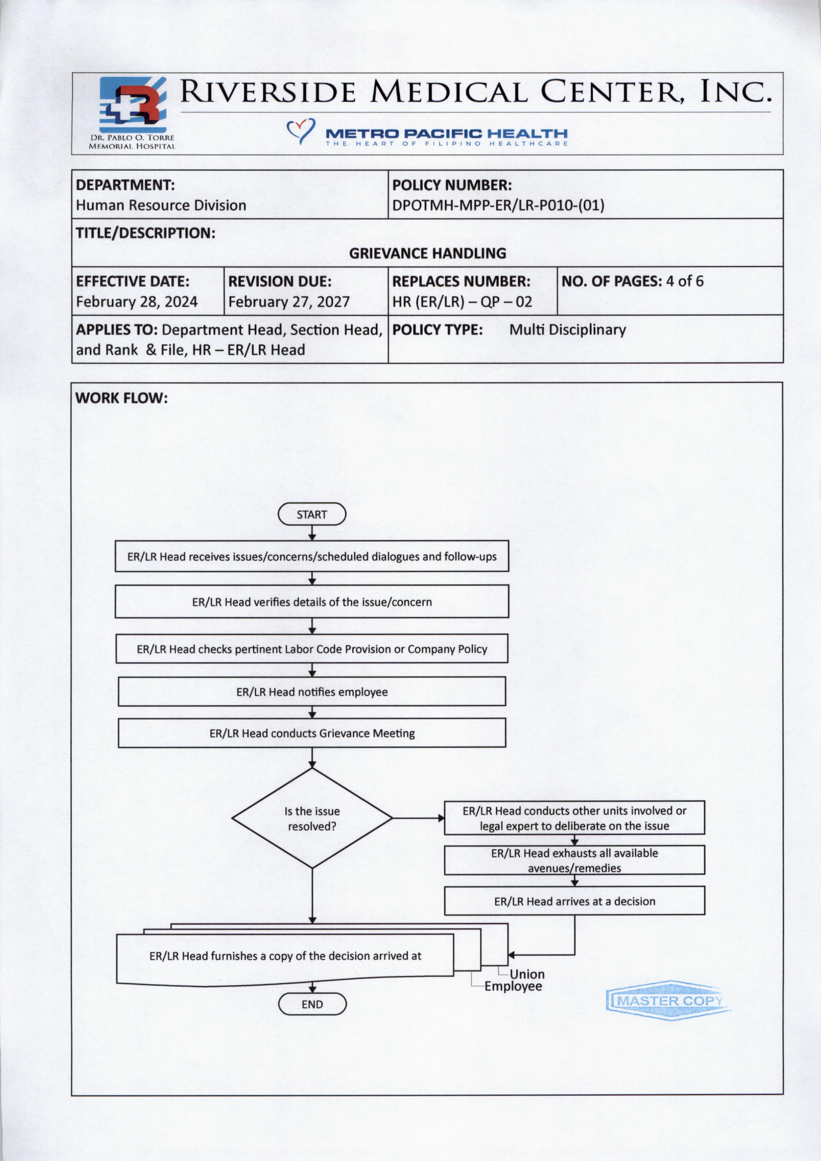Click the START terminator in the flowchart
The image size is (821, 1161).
pos(312,515)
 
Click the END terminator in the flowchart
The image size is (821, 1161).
pos(312,1004)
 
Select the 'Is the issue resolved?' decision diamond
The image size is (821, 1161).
pos(312,818)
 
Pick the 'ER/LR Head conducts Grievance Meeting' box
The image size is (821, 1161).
pos(312,733)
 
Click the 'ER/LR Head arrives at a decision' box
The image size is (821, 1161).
pos(574,901)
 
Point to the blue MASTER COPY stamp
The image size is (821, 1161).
pos(668,1001)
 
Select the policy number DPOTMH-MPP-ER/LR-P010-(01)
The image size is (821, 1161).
pos(498,205)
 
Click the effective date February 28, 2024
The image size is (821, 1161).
pos(136,302)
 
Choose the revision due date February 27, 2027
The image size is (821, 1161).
pos(289,302)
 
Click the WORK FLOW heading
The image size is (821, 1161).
pos(121,398)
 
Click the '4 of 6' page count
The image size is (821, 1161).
pos(684,281)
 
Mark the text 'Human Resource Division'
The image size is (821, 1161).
pos(161,205)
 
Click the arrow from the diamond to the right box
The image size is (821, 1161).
pos(418,818)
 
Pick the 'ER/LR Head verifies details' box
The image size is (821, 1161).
pos(312,602)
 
